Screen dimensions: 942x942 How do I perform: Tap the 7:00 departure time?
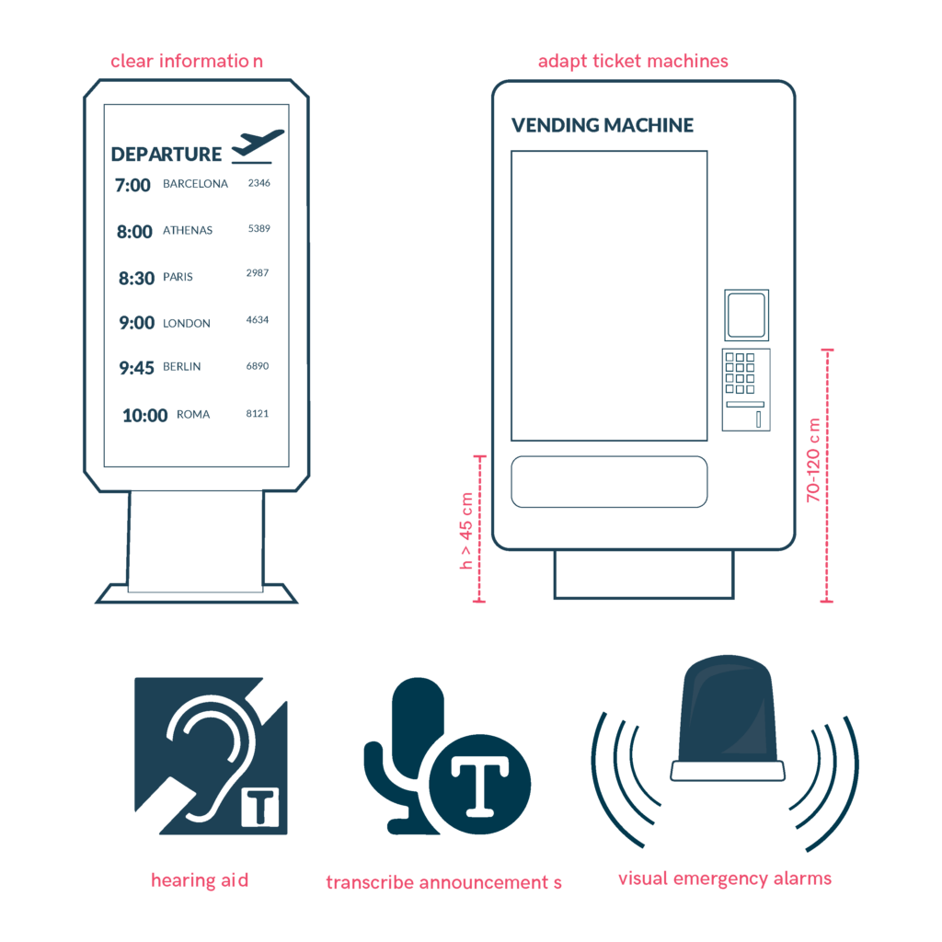[x=132, y=185]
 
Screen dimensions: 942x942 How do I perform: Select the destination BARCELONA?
[x=195, y=184]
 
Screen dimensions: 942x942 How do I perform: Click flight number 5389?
[x=258, y=228]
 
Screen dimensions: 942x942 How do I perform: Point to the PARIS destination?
[x=178, y=277]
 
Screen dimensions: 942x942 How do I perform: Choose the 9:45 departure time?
[x=136, y=368]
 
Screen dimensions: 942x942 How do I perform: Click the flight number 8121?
[x=258, y=413]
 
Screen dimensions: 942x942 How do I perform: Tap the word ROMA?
[x=193, y=415]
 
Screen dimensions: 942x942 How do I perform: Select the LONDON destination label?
[x=186, y=323]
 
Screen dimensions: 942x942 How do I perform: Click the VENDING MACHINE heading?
[x=602, y=125]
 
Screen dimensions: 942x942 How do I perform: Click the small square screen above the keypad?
[x=746, y=316]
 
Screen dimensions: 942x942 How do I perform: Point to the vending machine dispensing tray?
[x=609, y=482]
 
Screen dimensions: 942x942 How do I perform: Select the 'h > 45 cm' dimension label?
[x=466, y=531]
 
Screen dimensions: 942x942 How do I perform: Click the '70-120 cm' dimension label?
[x=813, y=460]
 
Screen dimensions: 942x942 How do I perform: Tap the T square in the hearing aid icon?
[x=260, y=808]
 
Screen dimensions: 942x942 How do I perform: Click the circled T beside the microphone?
[x=480, y=784]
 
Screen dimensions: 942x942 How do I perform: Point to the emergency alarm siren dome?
[x=727, y=709]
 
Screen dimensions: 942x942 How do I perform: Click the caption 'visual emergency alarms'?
[x=725, y=879]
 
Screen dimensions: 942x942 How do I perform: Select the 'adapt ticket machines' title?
[x=633, y=62]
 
